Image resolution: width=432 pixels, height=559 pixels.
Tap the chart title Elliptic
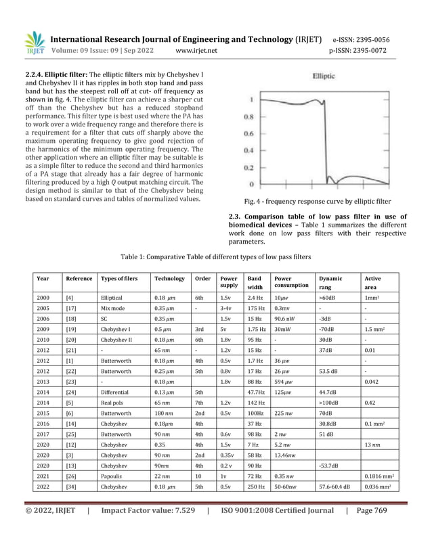tap(323, 77)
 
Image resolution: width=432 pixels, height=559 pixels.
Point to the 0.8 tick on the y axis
tap(250, 116)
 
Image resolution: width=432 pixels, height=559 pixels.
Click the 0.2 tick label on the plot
tap(250, 167)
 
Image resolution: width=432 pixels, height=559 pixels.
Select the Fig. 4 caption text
tap(316, 201)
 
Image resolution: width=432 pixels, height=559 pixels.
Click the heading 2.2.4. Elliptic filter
tap(59, 73)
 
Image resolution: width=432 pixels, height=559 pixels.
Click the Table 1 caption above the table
tap(215, 257)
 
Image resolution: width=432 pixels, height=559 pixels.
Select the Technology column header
tap(169, 278)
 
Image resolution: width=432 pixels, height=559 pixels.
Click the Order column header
tap(202, 278)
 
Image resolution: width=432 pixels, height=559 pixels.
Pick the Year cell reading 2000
tap(43, 297)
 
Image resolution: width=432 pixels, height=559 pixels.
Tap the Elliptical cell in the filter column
tap(112, 297)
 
